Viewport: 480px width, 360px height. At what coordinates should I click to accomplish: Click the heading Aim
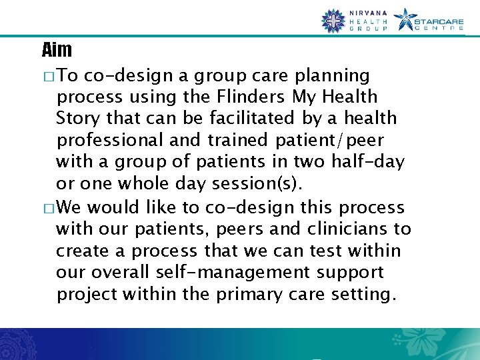pyautogui.click(x=57, y=49)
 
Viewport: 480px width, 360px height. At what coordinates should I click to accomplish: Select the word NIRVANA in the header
pyautogui.click(x=367, y=13)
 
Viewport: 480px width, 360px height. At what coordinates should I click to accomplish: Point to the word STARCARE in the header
pyautogui.click(x=439, y=20)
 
